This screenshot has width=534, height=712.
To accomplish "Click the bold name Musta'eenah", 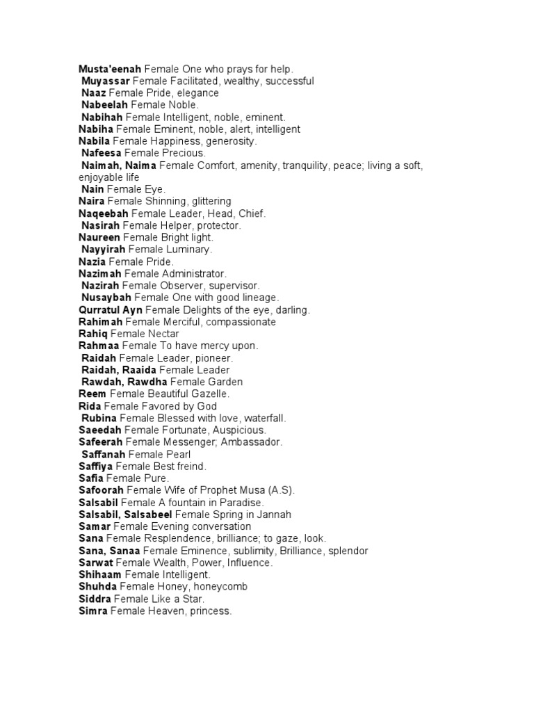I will pyautogui.click(x=110, y=69).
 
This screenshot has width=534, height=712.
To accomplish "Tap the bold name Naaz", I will pyautogui.click(x=94, y=92).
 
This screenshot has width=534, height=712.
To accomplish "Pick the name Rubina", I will pyautogui.click(x=99, y=418).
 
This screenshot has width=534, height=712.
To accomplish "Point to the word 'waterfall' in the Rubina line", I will pyautogui.click(x=263, y=418).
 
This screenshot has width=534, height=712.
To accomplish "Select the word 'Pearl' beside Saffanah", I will pyautogui.click(x=177, y=454).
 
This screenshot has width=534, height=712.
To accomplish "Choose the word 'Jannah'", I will pyautogui.click(x=274, y=515).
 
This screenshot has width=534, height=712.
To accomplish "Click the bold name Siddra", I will pyautogui.click(x=95, y=599).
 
